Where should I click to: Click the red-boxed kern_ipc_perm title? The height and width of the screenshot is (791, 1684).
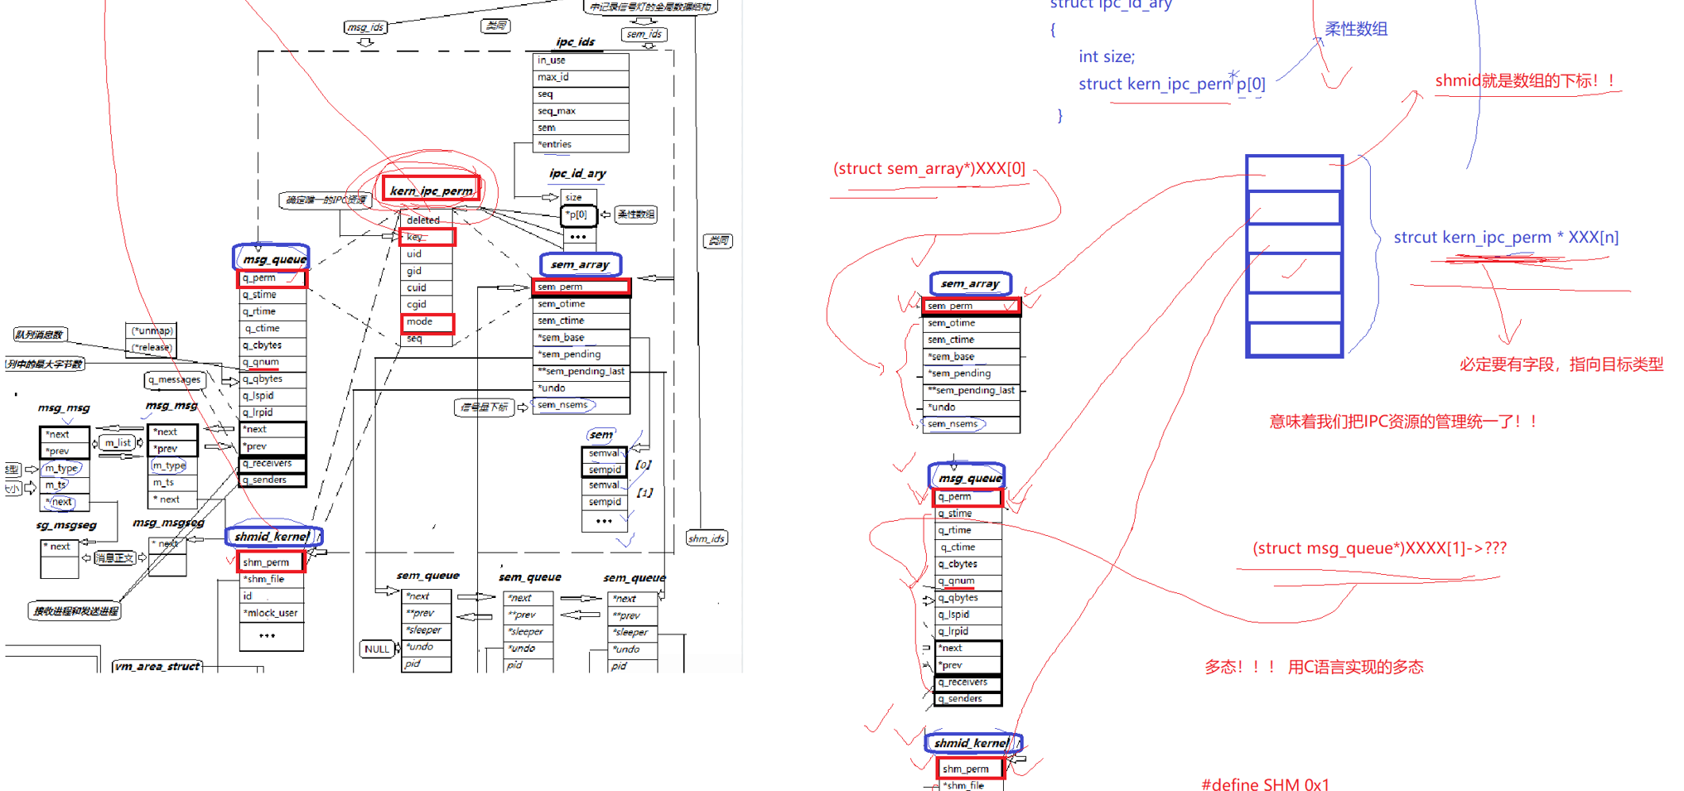coord(431,191)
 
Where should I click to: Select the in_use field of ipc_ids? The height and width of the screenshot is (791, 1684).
coord(580,60)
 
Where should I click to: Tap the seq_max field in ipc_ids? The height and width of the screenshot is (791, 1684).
coord(580,111)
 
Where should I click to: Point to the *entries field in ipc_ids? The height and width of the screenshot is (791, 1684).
coord(580,144)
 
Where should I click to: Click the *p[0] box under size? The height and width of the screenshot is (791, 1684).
coord(577,215)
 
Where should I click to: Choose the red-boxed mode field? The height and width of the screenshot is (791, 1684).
coord(427,321)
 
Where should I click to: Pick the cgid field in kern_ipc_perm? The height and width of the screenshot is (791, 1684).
coord(426,304)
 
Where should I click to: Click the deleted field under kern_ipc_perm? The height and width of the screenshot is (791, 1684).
coord(426,220)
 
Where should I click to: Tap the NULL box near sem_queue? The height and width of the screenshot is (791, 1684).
coord(377,649)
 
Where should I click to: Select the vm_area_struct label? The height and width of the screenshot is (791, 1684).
coord(157,666)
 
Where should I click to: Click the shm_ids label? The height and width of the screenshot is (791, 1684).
coord(707,538)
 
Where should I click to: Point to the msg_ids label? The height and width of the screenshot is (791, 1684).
coord(365,27)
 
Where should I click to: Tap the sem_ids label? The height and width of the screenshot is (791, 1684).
coord(644,34)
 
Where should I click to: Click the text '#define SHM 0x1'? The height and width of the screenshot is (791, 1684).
coord(1265,784)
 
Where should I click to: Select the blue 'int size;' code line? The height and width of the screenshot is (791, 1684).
coord(1107,56)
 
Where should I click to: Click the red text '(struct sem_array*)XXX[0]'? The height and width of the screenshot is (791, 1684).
coord(929,169)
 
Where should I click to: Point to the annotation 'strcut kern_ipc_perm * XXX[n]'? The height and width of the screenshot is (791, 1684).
coord(1505,238)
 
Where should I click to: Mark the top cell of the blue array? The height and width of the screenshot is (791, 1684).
coord(1294,173)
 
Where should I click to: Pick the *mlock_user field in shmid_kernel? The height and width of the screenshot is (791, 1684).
coord(271,613)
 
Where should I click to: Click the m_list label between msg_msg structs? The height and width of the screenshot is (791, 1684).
coord(118,442)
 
